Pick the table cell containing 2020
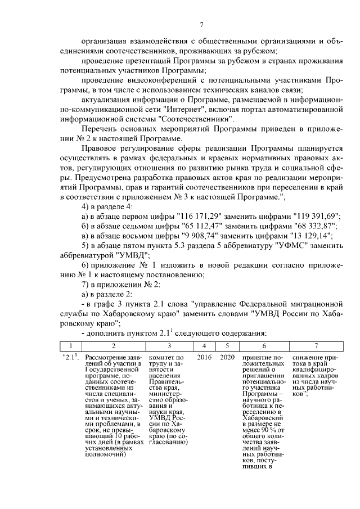pyautogui.click(x=227, y=358)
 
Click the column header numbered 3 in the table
pyautogui.click(x=169, y=345)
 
